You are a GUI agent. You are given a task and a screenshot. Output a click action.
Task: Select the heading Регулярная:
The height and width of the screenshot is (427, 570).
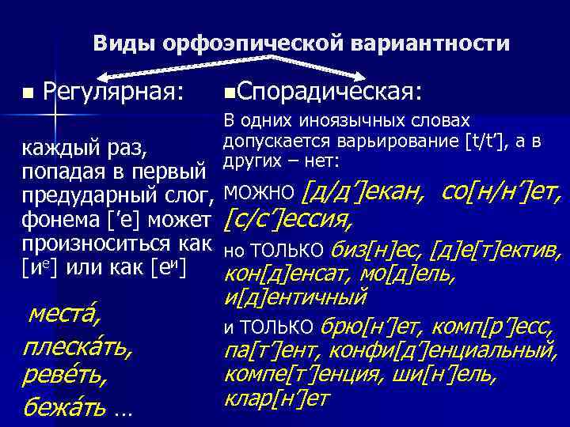click(114, 93)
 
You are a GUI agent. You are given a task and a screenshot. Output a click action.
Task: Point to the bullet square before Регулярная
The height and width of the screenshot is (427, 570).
click(28, 94)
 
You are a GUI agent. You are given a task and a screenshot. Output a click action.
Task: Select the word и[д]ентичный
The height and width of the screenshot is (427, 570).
click(295, 298)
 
